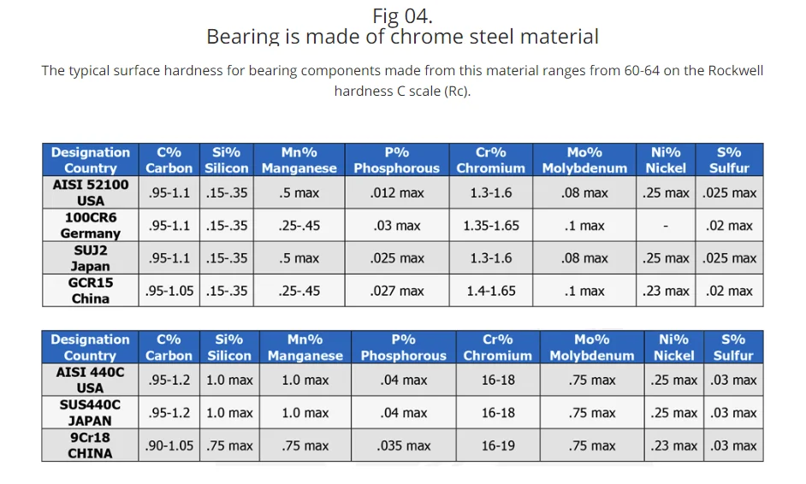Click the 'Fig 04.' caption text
(402, 15)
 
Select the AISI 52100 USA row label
(90, 192)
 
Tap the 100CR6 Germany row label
(90, 225)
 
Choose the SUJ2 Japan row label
(90, 257)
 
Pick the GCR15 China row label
(90, 290)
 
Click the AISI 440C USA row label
(90, 380)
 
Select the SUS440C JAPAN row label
(90, 412)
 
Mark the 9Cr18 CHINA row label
(90, 445)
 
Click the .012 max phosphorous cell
(397, 193)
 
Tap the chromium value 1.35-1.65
(491, 226)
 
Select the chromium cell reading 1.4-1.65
(491, 291)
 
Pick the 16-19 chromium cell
(498, 446)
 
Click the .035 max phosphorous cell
(403, 446)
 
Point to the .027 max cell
(397, 291)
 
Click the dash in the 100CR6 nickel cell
(667, 226)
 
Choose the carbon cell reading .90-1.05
(169, 446)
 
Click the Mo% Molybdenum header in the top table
(584, 160)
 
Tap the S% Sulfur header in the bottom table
(733, 347)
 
